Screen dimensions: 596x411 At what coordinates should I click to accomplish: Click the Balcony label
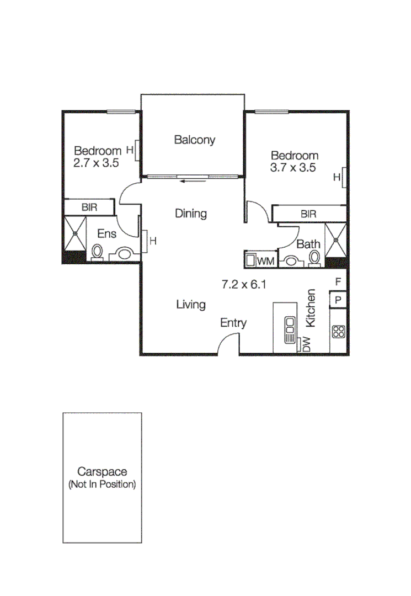click(194, 140)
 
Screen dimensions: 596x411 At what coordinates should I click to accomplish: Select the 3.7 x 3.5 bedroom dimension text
click(292, 168)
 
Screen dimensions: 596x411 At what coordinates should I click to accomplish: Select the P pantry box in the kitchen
click(338, 300)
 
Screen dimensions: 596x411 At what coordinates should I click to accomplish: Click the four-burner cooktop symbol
click(338, 332)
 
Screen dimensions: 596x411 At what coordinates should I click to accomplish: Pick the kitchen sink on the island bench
click(289, 331)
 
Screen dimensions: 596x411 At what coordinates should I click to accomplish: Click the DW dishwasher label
click(307, 344)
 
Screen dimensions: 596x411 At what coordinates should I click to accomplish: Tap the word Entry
click(233, 323)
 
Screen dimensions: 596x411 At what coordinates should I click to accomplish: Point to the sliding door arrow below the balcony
click(194, 179)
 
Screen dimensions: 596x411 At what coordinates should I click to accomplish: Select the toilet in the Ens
click(98, 253)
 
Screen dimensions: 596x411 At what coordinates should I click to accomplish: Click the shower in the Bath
click(335, 240)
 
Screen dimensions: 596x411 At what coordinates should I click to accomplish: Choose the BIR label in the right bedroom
click(309, 214)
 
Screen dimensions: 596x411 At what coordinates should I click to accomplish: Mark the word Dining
click(190, 214)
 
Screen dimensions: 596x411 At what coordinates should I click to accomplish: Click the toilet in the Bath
click(314, 258)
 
